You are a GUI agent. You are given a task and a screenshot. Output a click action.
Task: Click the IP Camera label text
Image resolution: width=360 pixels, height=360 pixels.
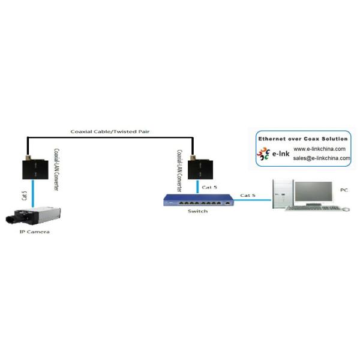tap(34, 232)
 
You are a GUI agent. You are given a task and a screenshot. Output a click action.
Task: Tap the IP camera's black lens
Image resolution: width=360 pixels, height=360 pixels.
tap(11, 219)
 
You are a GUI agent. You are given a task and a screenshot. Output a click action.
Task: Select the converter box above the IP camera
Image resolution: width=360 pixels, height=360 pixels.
tap(35, 169)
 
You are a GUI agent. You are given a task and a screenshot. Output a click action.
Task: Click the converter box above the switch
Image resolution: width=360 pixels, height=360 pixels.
tap(200, 169)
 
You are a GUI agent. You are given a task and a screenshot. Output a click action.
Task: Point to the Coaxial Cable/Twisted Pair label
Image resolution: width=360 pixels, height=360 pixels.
tap(110, 131)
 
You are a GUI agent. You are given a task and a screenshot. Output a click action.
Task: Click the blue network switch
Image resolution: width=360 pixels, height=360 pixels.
tap(199, 200)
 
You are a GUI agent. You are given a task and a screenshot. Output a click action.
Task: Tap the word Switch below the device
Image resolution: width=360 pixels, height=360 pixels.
tap(197, 211)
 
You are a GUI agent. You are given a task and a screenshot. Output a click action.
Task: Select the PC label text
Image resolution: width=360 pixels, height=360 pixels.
tap(344, 190)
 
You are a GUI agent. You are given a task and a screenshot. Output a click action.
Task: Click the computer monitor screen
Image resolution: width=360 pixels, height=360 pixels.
tap(314, 191)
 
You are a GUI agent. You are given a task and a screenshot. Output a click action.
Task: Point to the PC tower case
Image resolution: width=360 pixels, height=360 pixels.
tap(283, 194)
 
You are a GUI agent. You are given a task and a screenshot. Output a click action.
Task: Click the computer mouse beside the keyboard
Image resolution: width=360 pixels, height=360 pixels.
tap(346, 209)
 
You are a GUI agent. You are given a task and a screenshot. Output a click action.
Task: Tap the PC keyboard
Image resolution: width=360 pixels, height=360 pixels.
tap(313, 208)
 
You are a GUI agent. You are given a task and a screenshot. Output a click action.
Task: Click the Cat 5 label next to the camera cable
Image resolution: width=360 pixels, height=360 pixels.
tap(24, 196)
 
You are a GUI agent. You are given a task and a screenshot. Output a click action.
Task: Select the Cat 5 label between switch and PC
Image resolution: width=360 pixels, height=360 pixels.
tap(248, 196)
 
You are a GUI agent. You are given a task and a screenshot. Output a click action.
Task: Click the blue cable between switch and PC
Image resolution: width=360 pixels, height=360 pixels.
tap(253, 200)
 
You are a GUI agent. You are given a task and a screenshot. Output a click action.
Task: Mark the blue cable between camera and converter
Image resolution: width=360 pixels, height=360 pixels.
tap(33, 193)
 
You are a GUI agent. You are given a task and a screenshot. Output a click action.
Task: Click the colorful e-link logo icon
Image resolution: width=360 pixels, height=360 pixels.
tap(263, 154)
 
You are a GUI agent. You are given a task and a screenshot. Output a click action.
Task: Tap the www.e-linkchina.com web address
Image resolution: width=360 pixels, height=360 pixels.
tap(319, 149)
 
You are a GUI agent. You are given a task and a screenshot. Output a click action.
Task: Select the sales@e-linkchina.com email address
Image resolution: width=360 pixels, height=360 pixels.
tap(322, 158)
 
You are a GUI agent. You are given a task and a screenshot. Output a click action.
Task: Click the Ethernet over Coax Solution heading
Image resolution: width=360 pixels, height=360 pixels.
tap(303, 139)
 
